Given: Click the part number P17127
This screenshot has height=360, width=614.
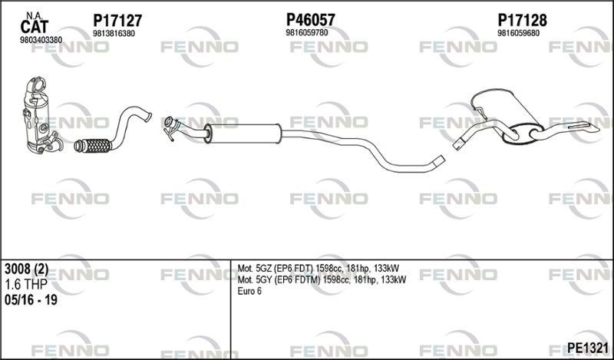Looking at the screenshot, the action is tap(117, 21).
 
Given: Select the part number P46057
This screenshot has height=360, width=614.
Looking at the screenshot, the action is tap(311, 20).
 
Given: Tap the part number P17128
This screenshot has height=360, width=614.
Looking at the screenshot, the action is tap(522, 20).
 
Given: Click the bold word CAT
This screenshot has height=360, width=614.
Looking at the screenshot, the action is tap(34, 27).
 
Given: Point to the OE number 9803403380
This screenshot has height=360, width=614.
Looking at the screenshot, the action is tap(41, 40).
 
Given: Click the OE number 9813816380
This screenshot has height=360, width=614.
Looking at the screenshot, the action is tap(114, 34).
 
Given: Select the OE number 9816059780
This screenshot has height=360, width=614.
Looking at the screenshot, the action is tap(307, 32).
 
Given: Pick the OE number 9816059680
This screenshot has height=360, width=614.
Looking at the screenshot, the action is tap(519, 33).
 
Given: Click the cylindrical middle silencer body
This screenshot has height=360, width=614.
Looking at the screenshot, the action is tap(243, 134).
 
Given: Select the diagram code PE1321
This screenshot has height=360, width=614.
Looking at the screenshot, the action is tap(588, 348).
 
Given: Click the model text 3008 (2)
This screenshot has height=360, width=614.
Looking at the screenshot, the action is tap(27, 269).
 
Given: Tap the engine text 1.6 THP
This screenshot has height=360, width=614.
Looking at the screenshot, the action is tap(25, 284).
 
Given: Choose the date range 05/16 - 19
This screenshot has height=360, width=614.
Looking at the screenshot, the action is tap(31, 300).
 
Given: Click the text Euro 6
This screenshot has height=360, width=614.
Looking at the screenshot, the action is tap(249, 291).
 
